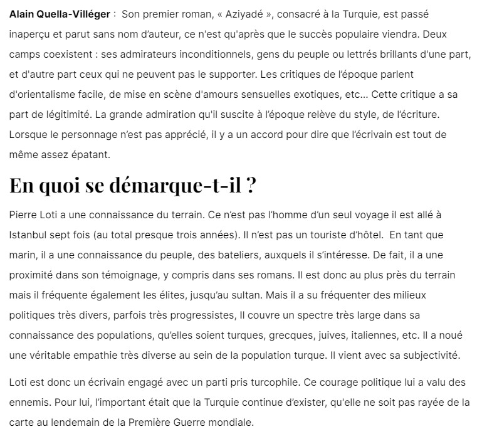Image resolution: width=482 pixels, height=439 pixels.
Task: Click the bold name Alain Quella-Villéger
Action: click(x=60, y=13)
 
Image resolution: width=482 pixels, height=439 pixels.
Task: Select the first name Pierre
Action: click(x=24, y=215)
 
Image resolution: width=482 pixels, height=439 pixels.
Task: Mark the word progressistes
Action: click(x=203, y=315)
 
